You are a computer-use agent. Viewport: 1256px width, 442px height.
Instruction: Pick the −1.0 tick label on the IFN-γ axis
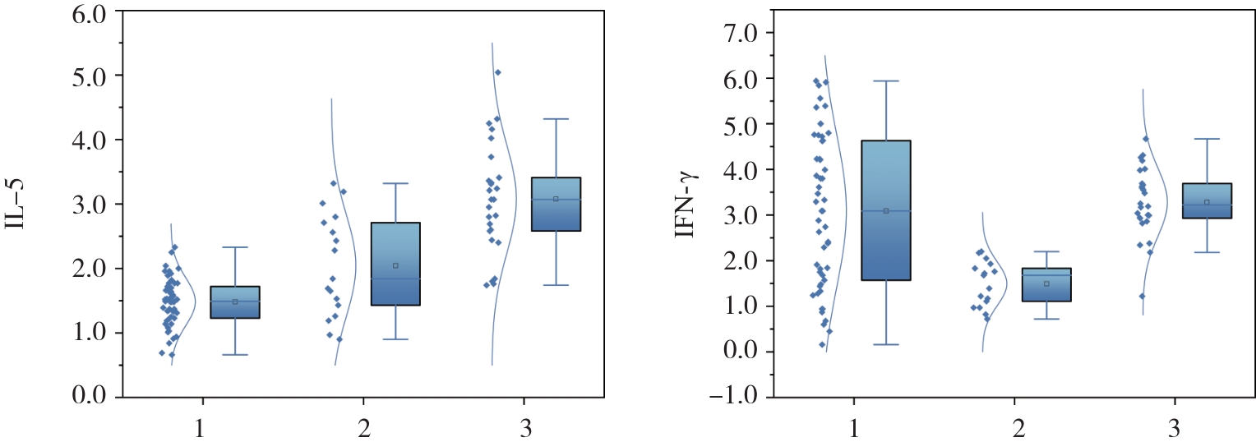[x=738, y=398]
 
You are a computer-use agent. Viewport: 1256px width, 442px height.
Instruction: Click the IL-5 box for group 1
[x=235, y=302]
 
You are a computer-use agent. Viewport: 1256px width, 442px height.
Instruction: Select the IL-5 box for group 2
[x=395, y=264]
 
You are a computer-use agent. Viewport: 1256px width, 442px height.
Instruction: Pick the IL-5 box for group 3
[x=556, y=204]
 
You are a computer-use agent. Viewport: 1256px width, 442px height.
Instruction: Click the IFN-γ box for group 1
[x=886, y=210]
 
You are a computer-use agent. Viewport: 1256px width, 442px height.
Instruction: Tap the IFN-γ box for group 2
[x=1046, y=284]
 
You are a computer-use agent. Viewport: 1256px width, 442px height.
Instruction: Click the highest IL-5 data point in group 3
[x=497, y=72]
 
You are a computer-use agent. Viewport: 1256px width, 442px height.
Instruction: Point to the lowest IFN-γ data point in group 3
[x=1142, y=296]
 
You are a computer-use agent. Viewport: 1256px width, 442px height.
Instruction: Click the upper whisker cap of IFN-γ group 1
[x=886, y=81]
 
